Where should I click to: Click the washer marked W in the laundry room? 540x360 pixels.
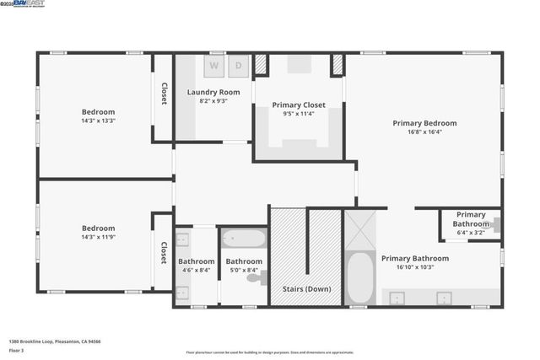(213, 65)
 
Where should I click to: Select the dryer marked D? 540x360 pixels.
(238, 65)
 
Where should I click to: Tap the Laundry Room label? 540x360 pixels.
(213, 92)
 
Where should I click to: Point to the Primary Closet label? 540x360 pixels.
(299, 105)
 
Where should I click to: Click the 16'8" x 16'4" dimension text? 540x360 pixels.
(424, 132)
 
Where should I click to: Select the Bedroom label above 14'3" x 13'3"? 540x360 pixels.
(98, 111)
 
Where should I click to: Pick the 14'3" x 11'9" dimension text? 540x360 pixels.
(98, 237)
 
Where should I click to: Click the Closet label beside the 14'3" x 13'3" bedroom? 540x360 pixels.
(164, 94)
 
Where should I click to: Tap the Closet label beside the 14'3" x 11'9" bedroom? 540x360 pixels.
(164, 253)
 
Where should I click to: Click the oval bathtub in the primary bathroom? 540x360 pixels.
(360, 277)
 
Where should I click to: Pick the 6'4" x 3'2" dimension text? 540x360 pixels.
(471, 234)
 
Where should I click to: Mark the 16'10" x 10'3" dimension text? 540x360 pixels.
(415, 267)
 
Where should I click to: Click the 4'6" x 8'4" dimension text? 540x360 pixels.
(197, 270)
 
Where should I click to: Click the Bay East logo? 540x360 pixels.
(26, 4)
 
